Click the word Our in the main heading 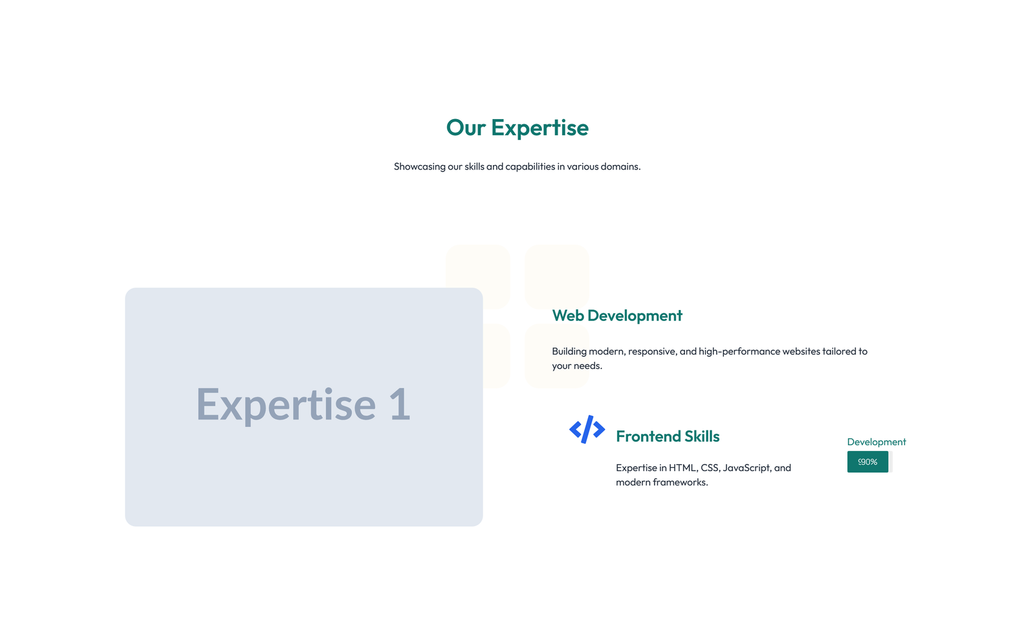(x=465, y=128)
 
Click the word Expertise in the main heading (x=539, y=128)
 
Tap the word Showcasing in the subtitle (x=419, y=167)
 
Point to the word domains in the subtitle (x=619, y=167)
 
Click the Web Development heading (x=616, y=316)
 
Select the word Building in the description (x=569, y=351)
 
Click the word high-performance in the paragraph (x=739, y=351)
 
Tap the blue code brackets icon (x=587, y=429)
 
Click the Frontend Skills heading (x=667, y=437)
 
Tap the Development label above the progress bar (x=876, y=442)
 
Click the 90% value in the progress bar (x=868, y=462)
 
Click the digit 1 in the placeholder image (x=399, y=405)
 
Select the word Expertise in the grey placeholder (x=285, y=405)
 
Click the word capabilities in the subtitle (x=530, y=167)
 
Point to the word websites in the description (x=801, y=351)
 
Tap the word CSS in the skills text (x=710, y=468)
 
